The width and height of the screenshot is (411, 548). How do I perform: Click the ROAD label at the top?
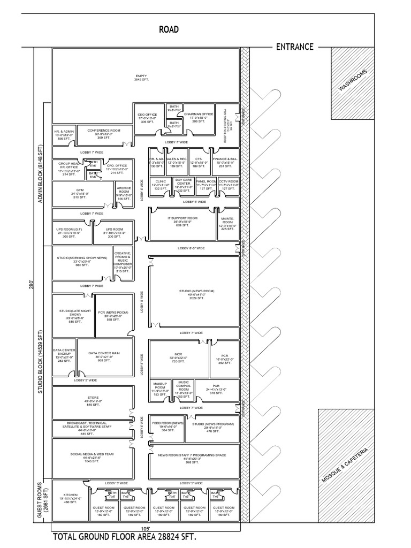[x=169, y=30]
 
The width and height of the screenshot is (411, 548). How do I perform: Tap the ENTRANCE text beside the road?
[x=294, y=47]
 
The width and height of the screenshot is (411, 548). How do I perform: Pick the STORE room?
[x=93, y=401]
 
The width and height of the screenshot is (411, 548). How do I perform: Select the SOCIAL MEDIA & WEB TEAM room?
[x=92, y=456]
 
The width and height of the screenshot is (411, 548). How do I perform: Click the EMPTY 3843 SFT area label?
[x=141, y=78]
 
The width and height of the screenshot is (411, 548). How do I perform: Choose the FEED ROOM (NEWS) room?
[x=167, y=426]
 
